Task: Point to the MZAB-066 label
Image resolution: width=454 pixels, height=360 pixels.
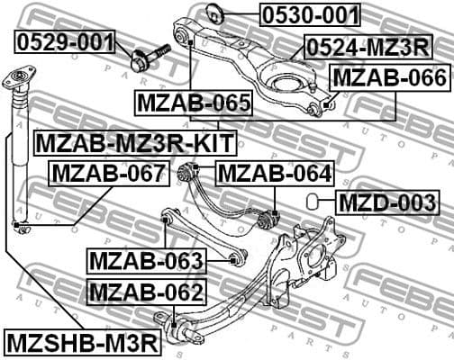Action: pyautogui.click(x=390, y=78)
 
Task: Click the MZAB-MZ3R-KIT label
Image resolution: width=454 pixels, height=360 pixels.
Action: pyautogui.click(x=134, y=141)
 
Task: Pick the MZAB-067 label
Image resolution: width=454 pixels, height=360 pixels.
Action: pyautogui.click(x=108, y=172)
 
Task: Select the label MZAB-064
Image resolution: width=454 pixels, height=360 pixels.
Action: pyautogui.click(x=274, y=172)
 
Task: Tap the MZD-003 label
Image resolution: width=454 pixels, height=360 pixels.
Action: pyautogui.click(x=387, y=202)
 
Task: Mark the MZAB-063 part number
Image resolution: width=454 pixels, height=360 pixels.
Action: pyautogui.click(x=147, y=261)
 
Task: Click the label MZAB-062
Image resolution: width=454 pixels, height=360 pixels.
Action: pyautogui.click(x=147, y=291)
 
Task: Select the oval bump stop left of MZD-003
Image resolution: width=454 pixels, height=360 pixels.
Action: pyautogui.click(x=312, y=200)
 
